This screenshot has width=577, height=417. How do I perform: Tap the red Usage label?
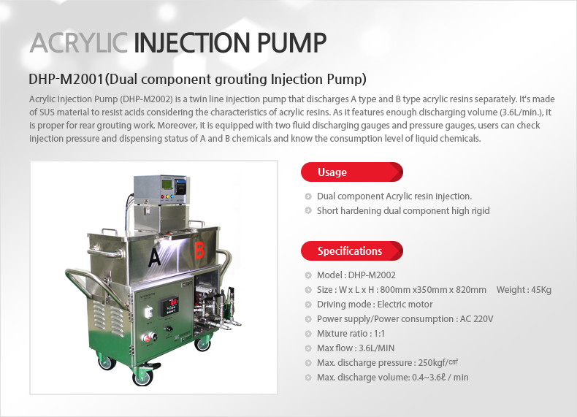point(332,172)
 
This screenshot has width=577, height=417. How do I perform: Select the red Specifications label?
point(349,251)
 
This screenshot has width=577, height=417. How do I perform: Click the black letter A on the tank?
point(154,256)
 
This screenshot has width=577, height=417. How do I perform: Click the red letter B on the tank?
point(199,250)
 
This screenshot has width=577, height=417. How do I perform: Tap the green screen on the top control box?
point(169,185)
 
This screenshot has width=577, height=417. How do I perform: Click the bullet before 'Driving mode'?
point(308,305)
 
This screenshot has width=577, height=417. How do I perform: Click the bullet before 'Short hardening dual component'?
point(308,211)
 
